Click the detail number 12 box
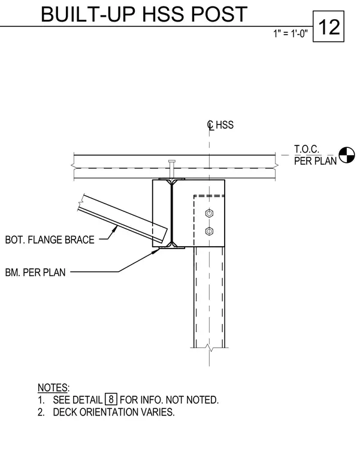328,26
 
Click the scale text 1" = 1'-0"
291,34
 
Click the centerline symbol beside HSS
210,125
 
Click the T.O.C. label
307,149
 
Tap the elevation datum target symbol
347,155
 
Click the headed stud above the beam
171,169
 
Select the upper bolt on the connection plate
209,214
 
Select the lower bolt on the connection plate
209,231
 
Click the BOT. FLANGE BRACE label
50,240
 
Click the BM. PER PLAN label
35,272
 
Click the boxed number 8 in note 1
111,399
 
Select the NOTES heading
53,388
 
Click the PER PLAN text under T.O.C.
315,161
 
